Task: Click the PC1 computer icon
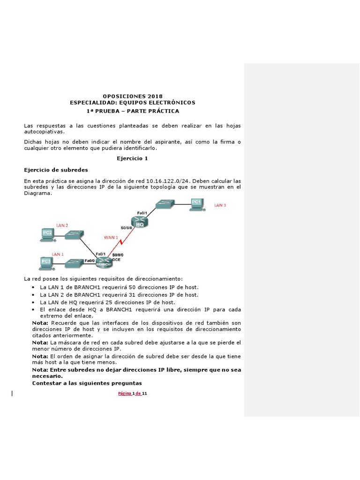[195, 204]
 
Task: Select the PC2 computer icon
[47, 234]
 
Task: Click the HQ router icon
[140, 224]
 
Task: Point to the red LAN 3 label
[220, 205]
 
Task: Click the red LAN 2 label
[62, 225]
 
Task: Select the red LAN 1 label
[57, 254]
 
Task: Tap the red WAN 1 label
[111, 238]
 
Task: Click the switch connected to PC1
[165, 204]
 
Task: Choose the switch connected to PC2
[74, 235]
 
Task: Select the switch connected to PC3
[74, 263]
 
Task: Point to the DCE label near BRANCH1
[117, 258]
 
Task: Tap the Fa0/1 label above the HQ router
[142, 213]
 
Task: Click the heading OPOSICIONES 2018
[132, 96]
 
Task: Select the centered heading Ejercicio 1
[132, 158]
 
